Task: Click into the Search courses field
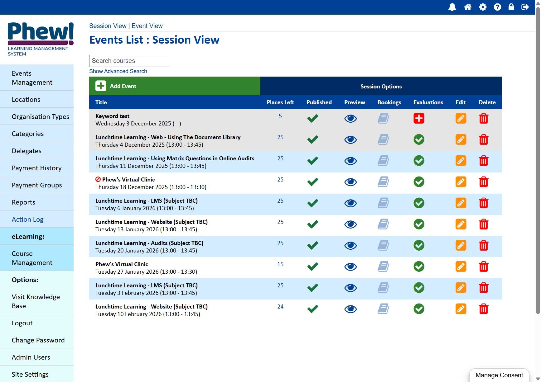pos(129,61)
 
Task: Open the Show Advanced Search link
pos(118,71)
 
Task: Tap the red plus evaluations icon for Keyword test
pos(419,118)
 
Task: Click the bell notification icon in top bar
pos(452,7)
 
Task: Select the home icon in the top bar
pos(468,7)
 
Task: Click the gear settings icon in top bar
pos(483,7)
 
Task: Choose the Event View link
pos(147,26)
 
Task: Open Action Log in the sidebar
pos(27,219)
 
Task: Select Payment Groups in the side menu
pos(37,185)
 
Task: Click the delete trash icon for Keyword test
pos(484,118)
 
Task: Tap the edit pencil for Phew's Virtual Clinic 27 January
pos(461,266)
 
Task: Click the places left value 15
pos(280,264)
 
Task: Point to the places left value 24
pos(280,307)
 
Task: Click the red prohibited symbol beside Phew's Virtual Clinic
pos(98,179)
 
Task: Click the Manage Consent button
pos(499,375)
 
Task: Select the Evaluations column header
pos(428,102)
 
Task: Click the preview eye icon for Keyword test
pos(350,118)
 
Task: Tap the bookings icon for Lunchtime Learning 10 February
pos(383,309)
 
